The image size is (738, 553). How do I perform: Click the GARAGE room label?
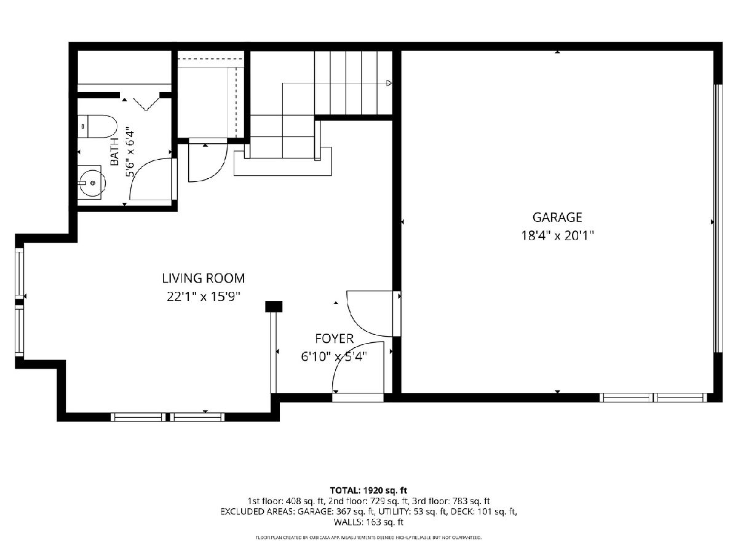557,218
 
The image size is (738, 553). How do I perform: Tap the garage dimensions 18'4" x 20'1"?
557,236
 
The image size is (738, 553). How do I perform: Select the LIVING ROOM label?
204,278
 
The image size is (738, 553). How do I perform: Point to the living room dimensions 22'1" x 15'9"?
204,297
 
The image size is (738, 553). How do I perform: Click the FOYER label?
334,339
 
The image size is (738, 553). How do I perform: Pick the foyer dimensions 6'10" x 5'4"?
334,356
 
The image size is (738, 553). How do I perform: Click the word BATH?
115,152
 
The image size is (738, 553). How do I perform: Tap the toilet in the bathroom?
97,127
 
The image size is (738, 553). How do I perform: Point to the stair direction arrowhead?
389,83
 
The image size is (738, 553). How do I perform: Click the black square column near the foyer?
274,307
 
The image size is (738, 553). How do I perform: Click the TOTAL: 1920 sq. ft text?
368,490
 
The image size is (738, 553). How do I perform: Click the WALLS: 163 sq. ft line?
368,522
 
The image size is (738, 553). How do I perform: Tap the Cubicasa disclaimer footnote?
368,538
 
